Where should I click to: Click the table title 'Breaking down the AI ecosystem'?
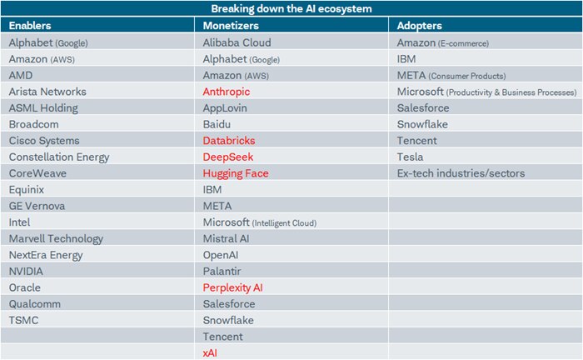pos(291,8)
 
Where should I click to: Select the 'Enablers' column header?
pos(30,26)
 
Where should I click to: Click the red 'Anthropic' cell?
pos(227,92)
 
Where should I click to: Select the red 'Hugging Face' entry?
pos(236,173)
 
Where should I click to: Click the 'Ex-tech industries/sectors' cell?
pos(461,173)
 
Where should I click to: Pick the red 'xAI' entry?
pos(211,352)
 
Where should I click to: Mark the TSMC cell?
pos(23,320)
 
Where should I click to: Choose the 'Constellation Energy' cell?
pos(58,157)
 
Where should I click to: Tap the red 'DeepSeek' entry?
pos(228,157)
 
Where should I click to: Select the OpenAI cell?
pos(222,255)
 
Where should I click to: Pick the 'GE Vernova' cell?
pos(37,206)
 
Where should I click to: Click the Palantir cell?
pos(223,271)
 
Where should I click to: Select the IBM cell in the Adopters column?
pos(407,59)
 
